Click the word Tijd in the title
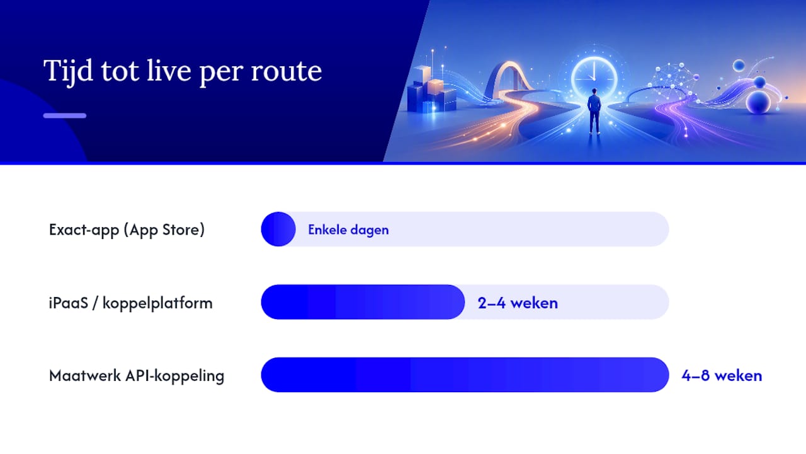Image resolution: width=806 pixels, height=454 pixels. (68, 71)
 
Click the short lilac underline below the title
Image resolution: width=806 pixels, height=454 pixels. (65, 115)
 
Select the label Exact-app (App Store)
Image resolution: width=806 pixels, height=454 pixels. (127, 230)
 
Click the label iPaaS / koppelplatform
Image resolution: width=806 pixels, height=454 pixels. (130, 303)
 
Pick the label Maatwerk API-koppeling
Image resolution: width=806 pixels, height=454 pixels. (137, 375)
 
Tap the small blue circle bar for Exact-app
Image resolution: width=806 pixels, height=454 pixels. (278, 229)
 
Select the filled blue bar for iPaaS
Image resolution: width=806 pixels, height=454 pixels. (363, 302)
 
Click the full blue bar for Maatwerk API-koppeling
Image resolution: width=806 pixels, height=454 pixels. (465, 375)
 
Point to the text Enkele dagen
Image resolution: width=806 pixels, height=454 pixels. (348, 230)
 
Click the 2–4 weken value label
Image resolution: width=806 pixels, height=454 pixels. (518, 303)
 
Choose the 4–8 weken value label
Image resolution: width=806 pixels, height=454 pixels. (722, 376)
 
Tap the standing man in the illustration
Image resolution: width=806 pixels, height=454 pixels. (594, 112)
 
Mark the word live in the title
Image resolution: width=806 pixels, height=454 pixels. (169, 71)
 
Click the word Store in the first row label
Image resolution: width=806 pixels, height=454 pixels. (181, 230)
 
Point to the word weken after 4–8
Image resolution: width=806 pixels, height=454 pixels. (738, 376)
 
